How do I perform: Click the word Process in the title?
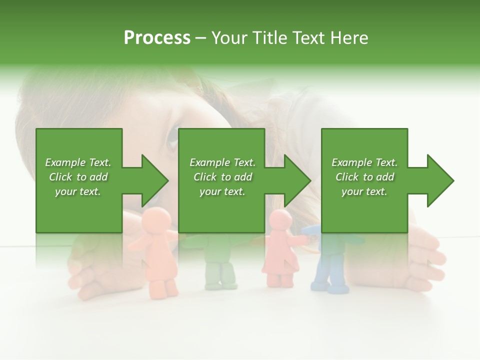(x=157, y=38)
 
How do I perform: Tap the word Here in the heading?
(x=349, y=38)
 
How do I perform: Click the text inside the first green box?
(x=78, y=177)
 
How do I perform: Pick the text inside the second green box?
(x=222, y=177)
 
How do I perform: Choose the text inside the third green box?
(x=364, y=177)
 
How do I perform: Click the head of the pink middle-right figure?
(x=280, y=220)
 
